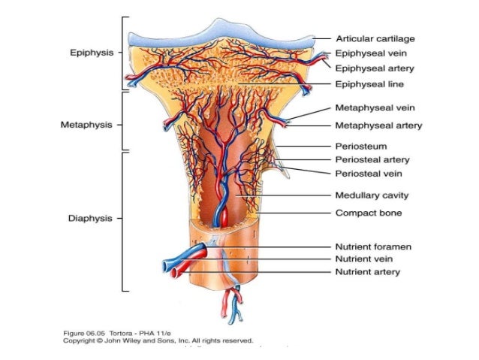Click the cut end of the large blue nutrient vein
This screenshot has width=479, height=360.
(167, 265)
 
